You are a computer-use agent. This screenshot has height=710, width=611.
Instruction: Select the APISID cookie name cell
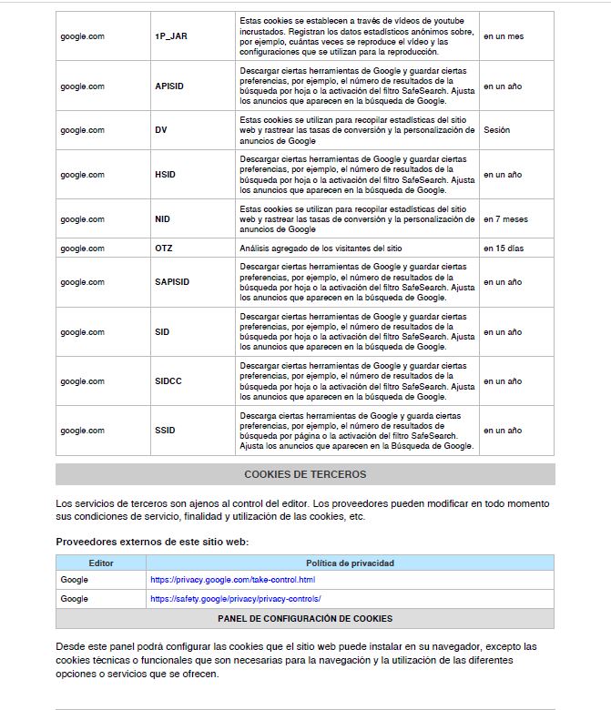click(168, 86)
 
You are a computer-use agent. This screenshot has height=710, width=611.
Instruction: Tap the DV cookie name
click(161, 130)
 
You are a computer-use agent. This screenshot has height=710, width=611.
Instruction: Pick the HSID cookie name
click(165, 175)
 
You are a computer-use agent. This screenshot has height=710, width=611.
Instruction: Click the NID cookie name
click(163, 219)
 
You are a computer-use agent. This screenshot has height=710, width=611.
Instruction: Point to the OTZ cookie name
click(164, 248)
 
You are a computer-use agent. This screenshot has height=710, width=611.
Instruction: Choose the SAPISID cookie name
click(172, 282)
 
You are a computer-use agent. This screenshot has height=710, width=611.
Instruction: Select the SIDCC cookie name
click(168, 381)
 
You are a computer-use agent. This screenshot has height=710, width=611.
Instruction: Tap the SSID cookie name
click(165, 431)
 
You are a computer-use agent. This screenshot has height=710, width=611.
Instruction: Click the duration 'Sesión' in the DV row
click(497, 130)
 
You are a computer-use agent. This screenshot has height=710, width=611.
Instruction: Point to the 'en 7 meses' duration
click(505, 219)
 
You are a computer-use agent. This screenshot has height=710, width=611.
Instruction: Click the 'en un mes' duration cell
click(504, 36)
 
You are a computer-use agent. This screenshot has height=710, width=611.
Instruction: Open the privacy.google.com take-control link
click(232, 580)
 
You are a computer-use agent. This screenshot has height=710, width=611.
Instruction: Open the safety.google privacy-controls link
click(236, 599)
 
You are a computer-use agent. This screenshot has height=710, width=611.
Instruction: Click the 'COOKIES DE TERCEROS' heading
click(305, 474)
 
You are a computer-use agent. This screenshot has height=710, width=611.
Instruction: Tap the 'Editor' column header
click(101, 563)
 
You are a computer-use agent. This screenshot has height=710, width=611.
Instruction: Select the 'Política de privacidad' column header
click(350, 563)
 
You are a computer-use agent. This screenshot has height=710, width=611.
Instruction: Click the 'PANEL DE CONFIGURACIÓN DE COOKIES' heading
click(305, 619)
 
